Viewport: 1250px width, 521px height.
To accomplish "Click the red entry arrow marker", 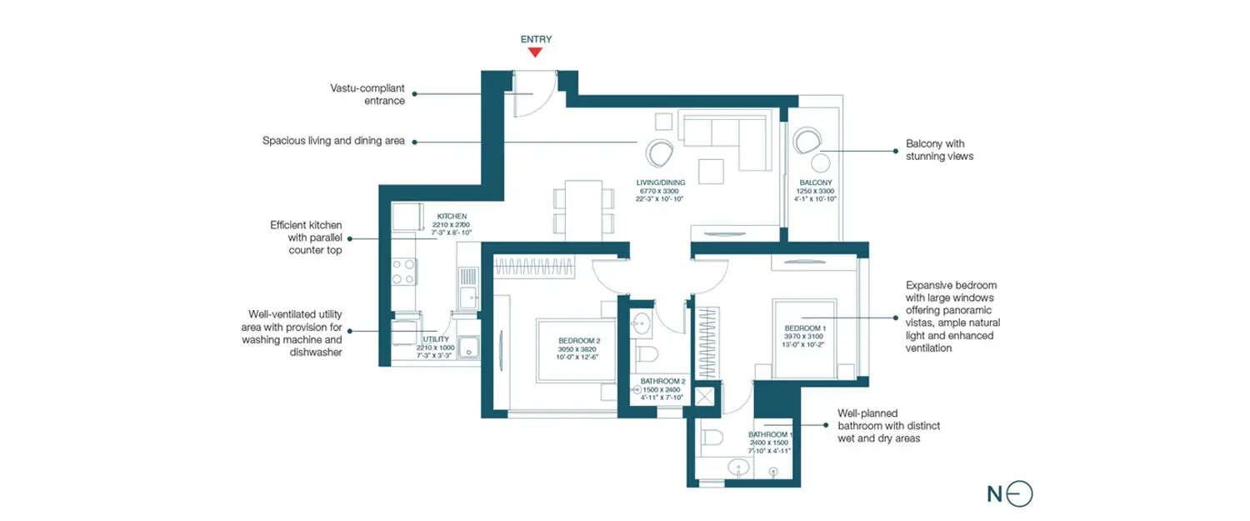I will (535, 53).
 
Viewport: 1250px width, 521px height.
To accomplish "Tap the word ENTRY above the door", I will (536, 39).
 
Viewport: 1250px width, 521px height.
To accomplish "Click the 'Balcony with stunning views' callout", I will (939, 150).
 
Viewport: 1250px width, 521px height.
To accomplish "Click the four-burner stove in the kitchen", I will (404, 272).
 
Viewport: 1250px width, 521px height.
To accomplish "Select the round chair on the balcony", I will (807, 140).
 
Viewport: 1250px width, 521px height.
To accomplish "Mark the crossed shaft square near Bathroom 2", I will (705, 398).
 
